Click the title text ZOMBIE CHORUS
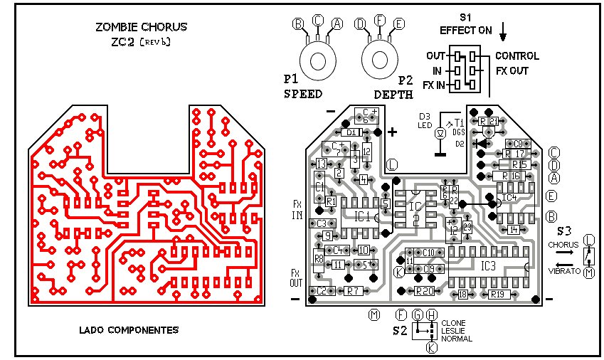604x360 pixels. [x=142, y=28]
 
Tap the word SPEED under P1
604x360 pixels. [x=303, y=94]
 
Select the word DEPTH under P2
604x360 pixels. [x=393, y=94]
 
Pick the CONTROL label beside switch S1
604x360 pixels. [x=516, y=55]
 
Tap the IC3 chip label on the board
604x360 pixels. [x=488, y=266]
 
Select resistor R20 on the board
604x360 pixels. [x=425, y=291]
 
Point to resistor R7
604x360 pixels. [x=354, y=291]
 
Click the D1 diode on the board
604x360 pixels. [x=352, y=132]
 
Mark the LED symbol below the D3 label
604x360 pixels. [x=440, y=132]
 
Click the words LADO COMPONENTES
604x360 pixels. [x=129, y=330]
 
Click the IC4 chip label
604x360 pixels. [x=509, y=197]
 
